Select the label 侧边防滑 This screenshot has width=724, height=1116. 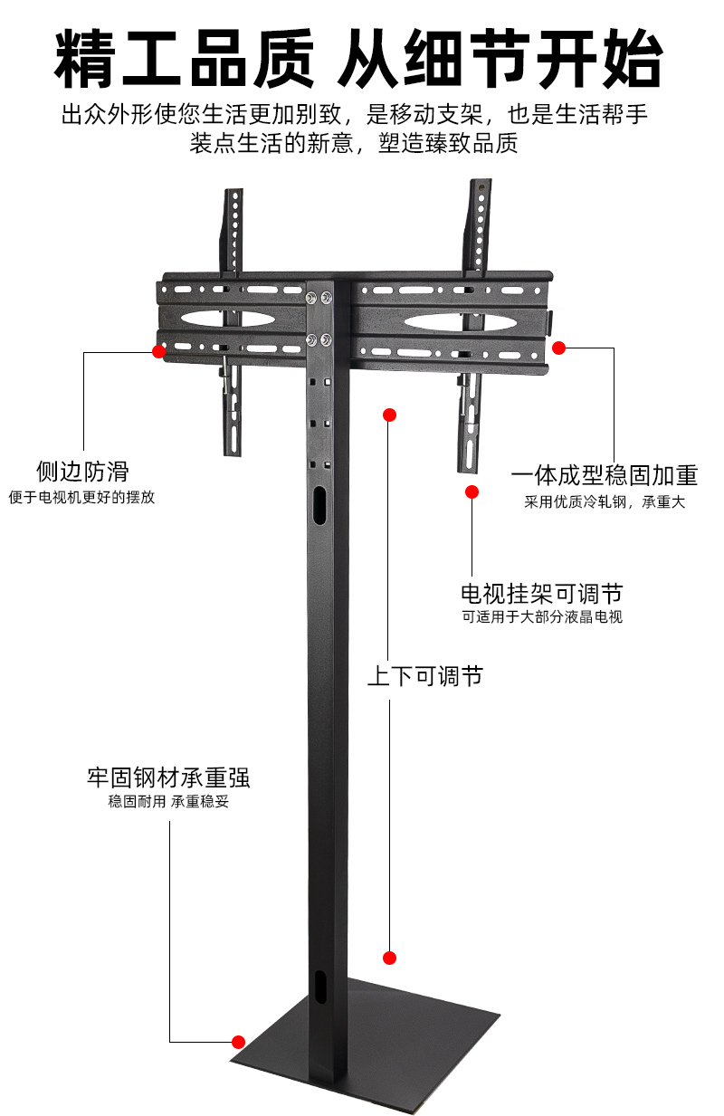pos(82,472)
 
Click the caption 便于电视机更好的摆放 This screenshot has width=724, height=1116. pos(82,497)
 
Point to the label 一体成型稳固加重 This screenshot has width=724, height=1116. pos(605,476)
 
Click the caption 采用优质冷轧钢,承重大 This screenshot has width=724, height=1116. pos(605,501)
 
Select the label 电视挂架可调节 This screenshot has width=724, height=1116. pos(541,594)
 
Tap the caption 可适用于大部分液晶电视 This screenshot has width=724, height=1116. pos(541,617)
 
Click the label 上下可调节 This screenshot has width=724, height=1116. pos(424,675)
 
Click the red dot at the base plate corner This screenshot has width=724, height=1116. pos(239,1041)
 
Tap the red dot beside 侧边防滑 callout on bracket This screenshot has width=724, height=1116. pos(159,351)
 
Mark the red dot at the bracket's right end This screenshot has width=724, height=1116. pos(559,348)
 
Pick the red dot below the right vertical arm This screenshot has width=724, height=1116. pos(472,491)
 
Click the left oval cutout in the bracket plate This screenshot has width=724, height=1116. pos(228,320)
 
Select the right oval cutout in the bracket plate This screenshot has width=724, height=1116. pos(444,321)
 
